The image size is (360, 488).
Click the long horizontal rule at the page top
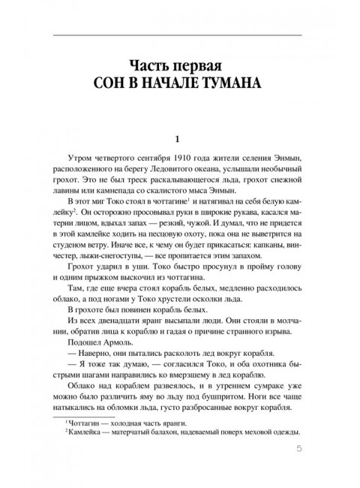(180, 35)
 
